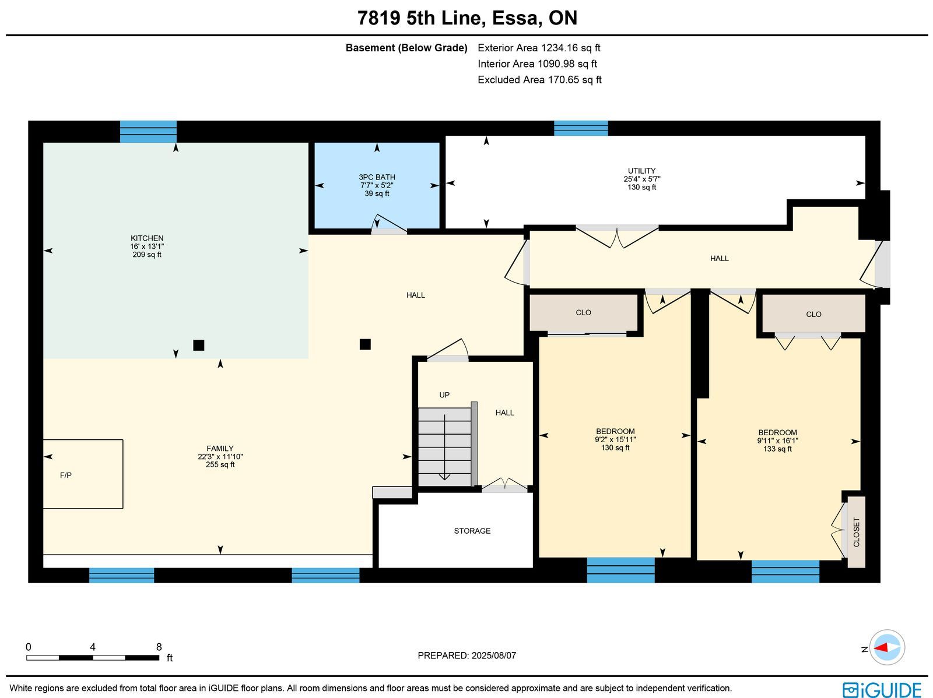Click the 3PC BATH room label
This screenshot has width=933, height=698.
(377, 177)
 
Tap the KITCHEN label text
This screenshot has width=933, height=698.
(147, 238)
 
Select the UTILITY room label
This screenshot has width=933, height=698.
(641, 171)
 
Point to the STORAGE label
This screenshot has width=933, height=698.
(472, 531)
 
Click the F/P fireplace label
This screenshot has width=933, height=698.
(65, 475)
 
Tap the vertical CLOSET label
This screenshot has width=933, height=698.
(856, 532)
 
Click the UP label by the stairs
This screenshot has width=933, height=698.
(444, 395)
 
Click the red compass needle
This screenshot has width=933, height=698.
(881, 647)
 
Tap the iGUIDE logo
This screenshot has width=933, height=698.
(882, 689)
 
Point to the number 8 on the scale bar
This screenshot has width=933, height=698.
(159, 647)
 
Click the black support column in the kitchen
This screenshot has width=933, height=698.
(198, 345)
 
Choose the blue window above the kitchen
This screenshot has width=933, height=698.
(148, 132)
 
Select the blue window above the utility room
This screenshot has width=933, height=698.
(581, 128)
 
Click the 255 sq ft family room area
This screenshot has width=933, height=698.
(220, 464)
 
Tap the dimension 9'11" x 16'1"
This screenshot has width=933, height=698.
(777, 440)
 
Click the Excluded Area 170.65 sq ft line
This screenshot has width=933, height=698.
(539, 80)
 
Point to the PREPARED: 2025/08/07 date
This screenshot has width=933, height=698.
(466, 655)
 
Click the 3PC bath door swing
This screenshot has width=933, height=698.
(388, 223)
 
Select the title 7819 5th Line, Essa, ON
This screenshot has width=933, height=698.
(466, 18)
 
